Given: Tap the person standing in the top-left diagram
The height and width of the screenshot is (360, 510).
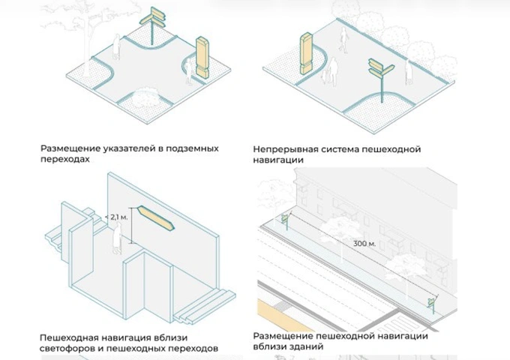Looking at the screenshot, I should pyautogui.click(x=116, y=47).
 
